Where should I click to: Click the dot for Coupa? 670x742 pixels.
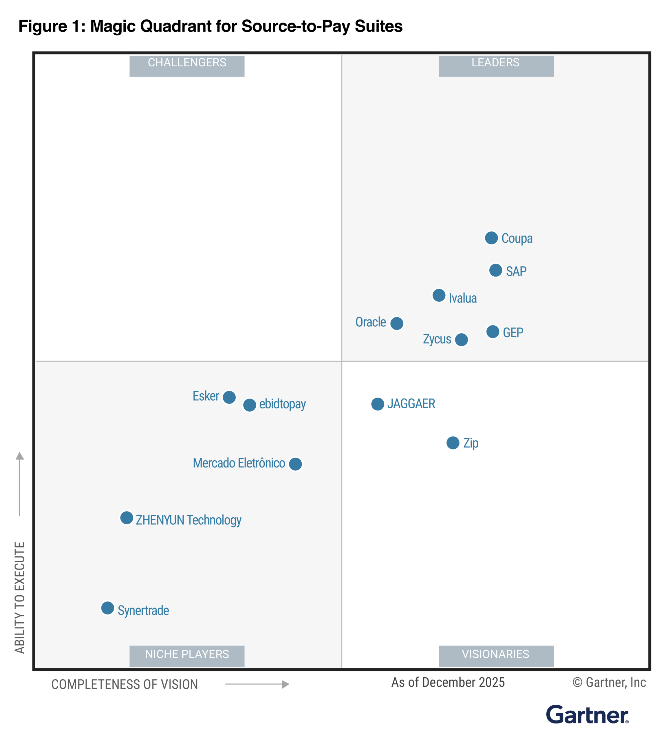pos(491,238)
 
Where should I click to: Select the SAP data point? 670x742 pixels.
pos(495,270)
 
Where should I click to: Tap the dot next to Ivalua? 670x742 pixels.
pos(439,295)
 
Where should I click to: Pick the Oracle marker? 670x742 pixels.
pos(396,323)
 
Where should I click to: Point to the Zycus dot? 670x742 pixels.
pos(461,339)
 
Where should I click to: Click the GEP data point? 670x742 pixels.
pos(493,331)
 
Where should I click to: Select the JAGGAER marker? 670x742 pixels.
pos(377,404)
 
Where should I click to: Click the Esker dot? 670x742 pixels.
pos(229,397)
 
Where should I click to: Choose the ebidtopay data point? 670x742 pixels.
pos(249,405)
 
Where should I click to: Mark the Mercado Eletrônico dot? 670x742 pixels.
pos(295,464)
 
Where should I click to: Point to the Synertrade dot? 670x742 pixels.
pos(107,608)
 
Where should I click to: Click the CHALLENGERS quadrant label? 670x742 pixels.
pos(187,66)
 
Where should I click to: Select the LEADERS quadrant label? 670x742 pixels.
pos(496,66)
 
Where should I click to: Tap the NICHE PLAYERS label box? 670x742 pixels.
pos(187,656)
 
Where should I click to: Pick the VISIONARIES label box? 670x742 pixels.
pos(496,656)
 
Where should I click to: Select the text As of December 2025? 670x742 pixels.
pos(448,682)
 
